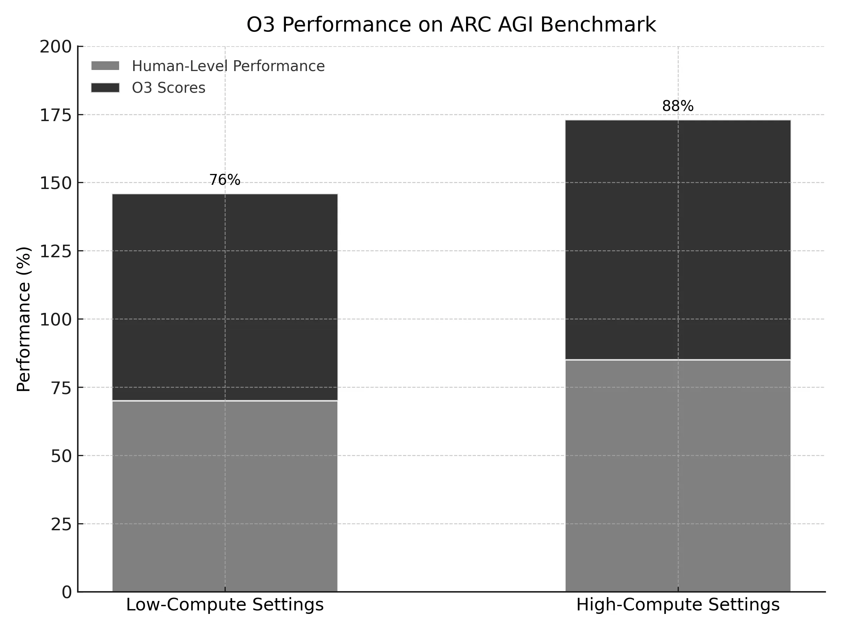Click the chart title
(451, 25)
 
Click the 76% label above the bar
(225, 180)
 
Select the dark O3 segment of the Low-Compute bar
(225, 296)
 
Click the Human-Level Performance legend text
(228, 66)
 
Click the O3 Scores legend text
(169, 88)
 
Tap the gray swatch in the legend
(105, 66)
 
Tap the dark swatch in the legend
(105, 88)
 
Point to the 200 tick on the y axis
(56, 47)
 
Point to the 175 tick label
(56, 115)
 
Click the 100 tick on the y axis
(56, 320)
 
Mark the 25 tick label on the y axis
(61, 524)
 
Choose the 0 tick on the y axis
(67, 593)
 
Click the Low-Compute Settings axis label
(225, 605)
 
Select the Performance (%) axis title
(23, 319)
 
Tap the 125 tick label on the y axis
(56, 251)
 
